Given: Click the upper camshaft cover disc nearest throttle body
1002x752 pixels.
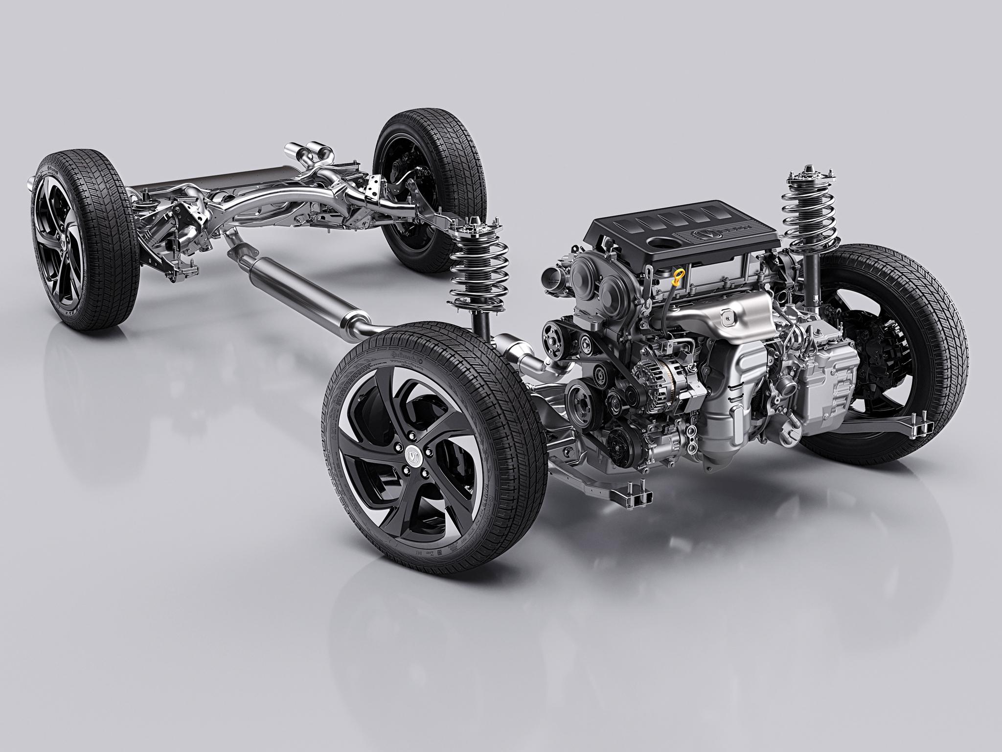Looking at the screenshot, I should [584, 272].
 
